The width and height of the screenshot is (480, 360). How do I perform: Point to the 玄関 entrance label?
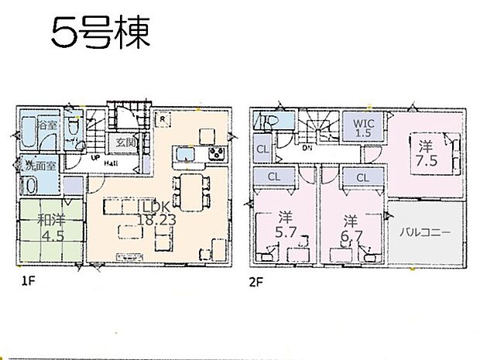[x=125, y=142]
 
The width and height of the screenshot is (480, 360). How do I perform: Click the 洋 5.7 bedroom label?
[x=280, y=225]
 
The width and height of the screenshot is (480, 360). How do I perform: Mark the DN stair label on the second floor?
[x=307, y=148]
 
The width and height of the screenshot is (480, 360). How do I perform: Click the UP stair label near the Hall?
[x=95, y=156]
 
